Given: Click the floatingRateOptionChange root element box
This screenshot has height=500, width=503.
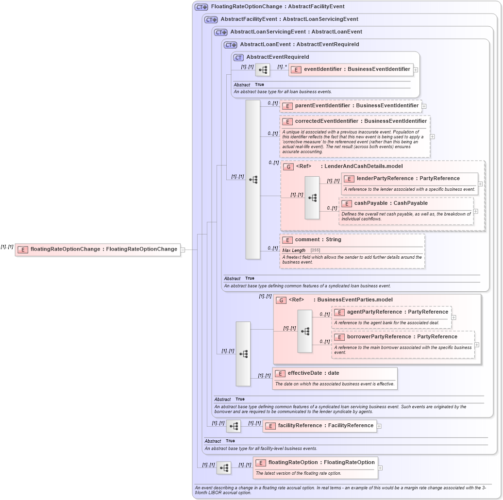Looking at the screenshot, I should [98, 250].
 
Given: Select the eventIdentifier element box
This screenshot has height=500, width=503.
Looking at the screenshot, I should [351, 69].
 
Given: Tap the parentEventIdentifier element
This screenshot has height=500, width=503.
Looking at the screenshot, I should [351, 106].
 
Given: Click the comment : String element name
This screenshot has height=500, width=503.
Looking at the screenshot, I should [318, 240].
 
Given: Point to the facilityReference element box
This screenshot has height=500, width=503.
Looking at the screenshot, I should [319, 426].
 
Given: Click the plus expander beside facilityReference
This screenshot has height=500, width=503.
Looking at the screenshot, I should [379, 426].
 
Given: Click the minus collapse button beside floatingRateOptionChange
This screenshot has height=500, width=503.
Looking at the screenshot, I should [183, 250].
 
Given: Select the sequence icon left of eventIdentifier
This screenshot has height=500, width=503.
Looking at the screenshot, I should [263, 70].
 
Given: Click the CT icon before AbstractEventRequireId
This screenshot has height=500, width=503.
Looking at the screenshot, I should [238, 57].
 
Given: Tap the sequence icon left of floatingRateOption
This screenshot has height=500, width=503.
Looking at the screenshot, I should [224, 468].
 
